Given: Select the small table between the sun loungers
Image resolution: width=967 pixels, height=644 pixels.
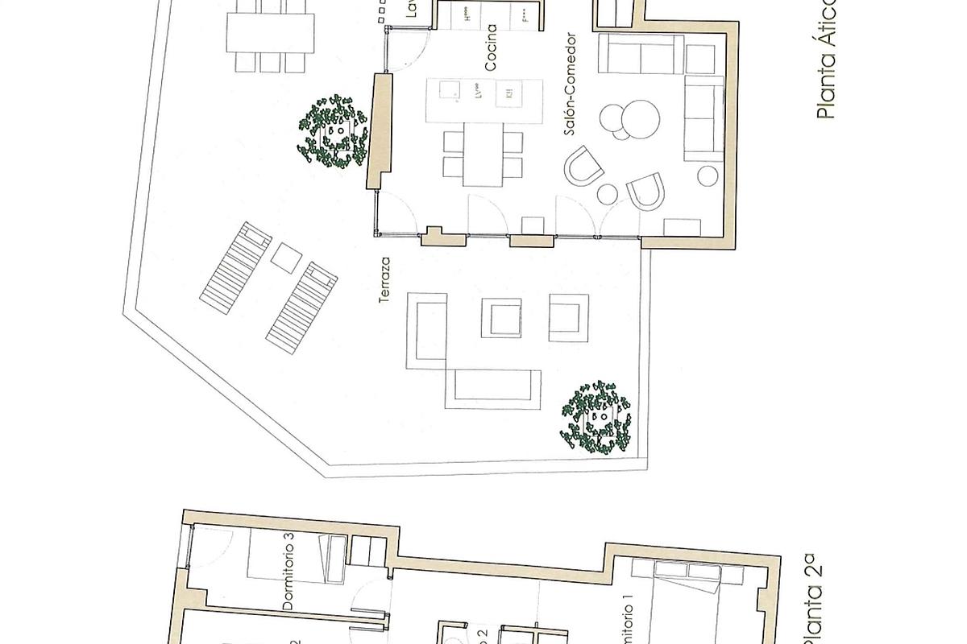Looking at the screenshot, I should [285, 258].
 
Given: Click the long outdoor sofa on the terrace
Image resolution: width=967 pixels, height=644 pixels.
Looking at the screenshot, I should [496, 389].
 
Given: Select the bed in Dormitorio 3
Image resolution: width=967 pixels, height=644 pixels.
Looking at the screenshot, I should [297, 557].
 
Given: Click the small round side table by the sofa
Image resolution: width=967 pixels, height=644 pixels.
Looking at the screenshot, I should [708, 175].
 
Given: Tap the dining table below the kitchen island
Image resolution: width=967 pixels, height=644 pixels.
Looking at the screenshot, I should [483, 157].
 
